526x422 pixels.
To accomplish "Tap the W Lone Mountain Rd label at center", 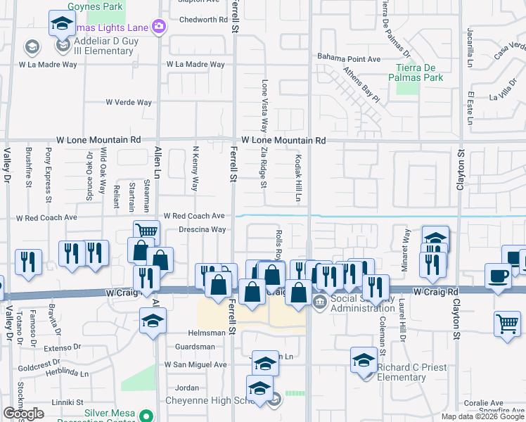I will (283, 141).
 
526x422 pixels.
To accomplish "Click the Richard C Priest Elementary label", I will (401, 372).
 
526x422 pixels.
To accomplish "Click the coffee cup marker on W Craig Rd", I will (499, 276).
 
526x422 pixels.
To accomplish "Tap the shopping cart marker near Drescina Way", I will (146, 232).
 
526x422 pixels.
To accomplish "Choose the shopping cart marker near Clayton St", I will (507, 324).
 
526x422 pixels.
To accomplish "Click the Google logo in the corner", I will (23, 414).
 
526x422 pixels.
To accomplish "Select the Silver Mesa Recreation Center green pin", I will (146, 415).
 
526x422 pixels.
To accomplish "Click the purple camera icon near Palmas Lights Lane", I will (159, 27).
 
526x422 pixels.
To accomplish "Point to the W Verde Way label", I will (129, 103).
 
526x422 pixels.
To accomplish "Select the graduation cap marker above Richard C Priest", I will (364, 360).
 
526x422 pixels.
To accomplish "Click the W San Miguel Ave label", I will (195, 365).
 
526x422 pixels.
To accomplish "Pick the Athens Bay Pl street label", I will (361, 84).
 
